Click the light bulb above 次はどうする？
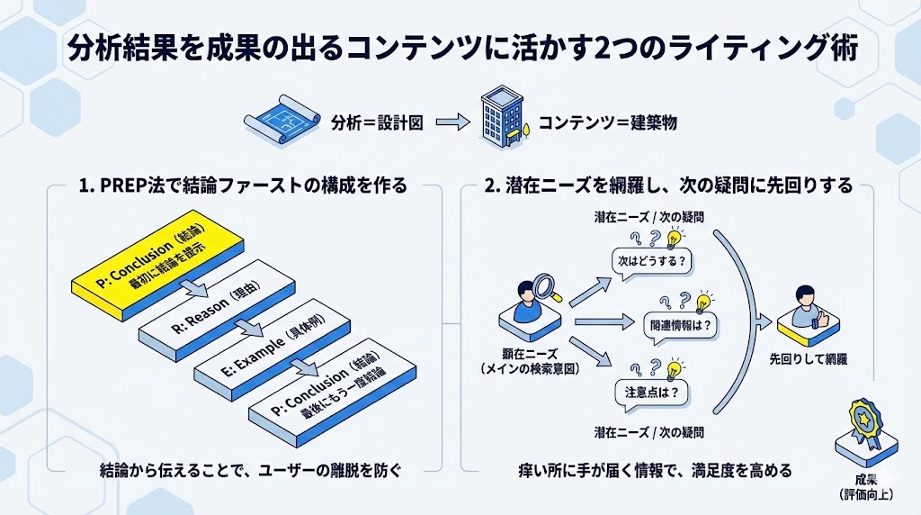[672, 239]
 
